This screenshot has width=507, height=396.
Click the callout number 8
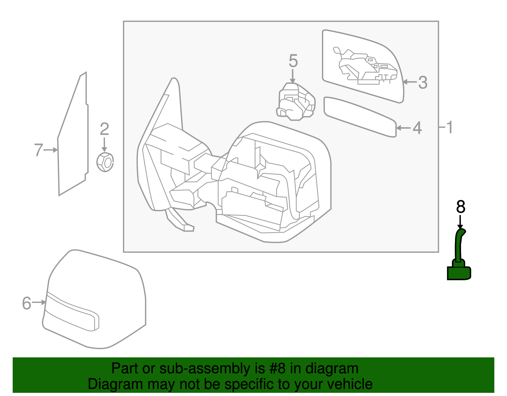click(x=460, y=207)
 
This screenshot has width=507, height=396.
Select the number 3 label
click(x=423, y=82)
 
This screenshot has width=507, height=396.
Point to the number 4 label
click(x=417, y=128)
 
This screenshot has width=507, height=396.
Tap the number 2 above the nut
click(x=104, y=129)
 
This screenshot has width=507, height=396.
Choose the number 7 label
click(x=38, y=150)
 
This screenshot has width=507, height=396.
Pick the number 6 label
click(x=27, y=303)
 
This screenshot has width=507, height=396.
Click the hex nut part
click(x=105, y=162)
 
